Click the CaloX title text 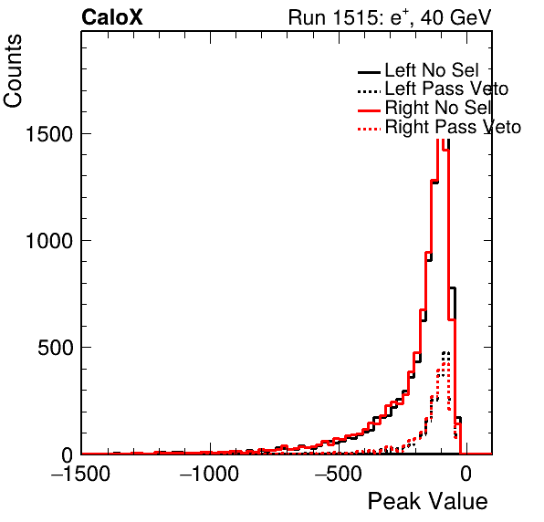click(112, 17)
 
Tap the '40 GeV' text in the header click(455, 17)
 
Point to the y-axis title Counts click(13, 71)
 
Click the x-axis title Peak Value click(427, 501)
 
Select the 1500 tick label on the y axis click(49, 134)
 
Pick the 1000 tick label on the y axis click(49, 241)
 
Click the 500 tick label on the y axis click(55, 348)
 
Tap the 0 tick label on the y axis click(67, 454)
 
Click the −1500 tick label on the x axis click(81, 474)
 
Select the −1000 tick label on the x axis click(209, 474)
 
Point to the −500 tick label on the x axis click(339, 474)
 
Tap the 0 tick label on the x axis click(466, 474)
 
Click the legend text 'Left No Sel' click(432, 70)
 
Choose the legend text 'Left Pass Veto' click(446, 89)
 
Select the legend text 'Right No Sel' click(438, 108)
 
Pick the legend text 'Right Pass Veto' click(453, 127)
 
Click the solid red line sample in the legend click(369, 110)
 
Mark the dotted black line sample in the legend click(369, 92)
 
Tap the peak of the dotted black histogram click(445, 353)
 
